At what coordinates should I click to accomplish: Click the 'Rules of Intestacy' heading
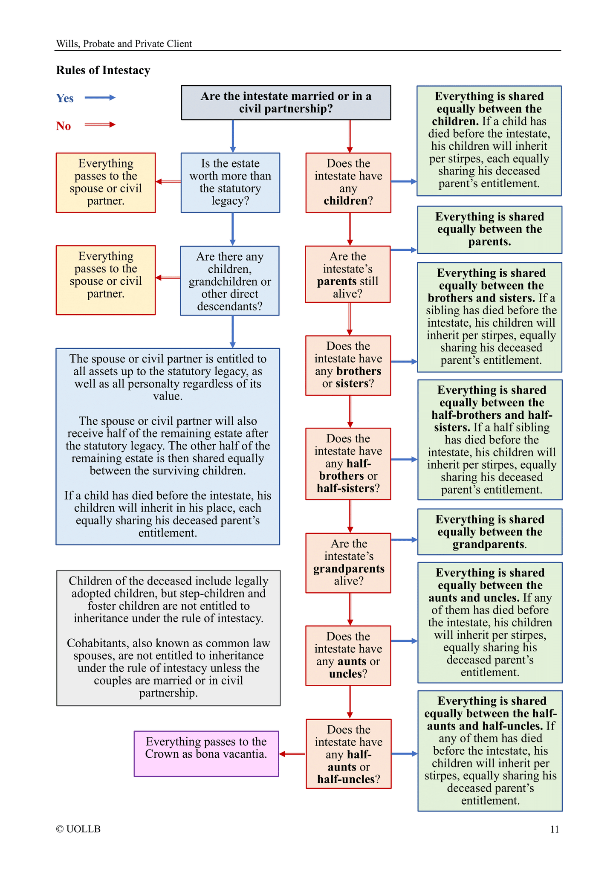tap(103, 70)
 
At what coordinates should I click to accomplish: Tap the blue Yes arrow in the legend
tap(100, 98)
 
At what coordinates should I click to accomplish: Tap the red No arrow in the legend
tap(100, 125)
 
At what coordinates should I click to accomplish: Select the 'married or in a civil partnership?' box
tap(286, 103)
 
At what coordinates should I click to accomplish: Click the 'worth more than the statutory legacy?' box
tap(230, 183)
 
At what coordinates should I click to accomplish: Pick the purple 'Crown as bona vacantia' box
tap(206, 753)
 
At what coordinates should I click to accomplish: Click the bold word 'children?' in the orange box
tap(345, 201)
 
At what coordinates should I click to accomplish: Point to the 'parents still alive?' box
tap(348, 274)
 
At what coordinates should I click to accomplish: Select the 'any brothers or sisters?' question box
tap(348, 365)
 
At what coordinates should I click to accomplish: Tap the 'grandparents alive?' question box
tap(348, 562)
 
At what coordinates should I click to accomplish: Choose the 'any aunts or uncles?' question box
tap(348, 655)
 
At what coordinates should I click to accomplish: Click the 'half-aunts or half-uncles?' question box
tap(348, 754)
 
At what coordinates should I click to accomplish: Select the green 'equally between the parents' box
tap(489, 230)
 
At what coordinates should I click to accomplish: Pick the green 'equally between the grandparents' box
tap(490, 532)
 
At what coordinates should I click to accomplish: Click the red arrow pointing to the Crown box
tap(292, 754)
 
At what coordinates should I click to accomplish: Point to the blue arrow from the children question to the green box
tap(404, 182)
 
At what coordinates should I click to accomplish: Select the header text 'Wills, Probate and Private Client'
tap(124, 44)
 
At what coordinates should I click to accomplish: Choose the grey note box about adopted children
tap(168, 637)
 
